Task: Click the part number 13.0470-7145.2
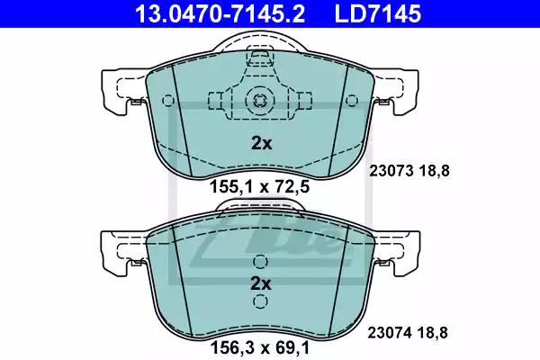220,13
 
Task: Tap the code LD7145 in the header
378,13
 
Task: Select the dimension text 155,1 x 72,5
260,187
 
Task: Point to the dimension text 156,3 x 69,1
260,348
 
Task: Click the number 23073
391,171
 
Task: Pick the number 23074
390,333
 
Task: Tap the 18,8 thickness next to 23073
435,171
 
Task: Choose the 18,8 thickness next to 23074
433,333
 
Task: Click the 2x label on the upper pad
261,143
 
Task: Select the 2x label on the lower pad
261,283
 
